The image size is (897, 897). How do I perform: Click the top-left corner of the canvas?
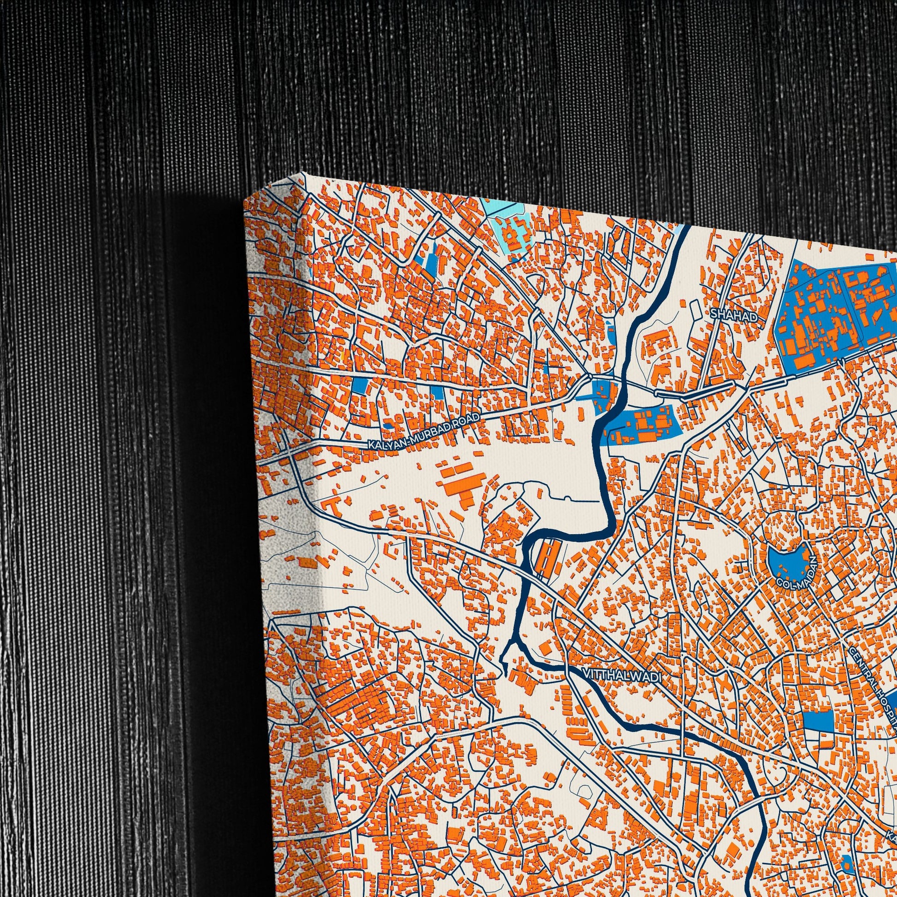[x=245, y=202]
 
